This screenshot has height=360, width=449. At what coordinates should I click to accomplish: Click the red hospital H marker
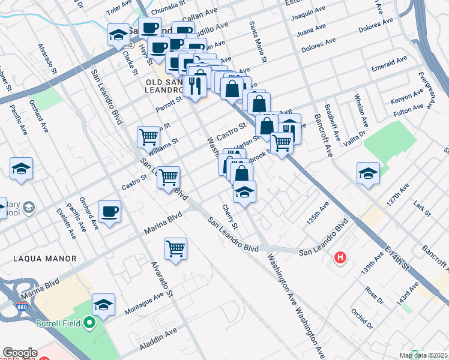[x=340, y=258]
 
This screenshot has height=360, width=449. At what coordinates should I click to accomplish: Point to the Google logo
[x=20, y=353]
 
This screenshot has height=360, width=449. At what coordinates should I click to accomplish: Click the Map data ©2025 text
[x=423, y=355]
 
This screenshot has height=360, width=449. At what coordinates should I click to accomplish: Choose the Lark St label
[x=423, y=209]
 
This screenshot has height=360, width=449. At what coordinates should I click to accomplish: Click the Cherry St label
[x=230, y=217]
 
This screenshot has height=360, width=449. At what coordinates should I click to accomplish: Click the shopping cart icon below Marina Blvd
[x=175, y=248]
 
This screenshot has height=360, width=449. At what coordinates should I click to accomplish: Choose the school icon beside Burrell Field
[x=104, y=305]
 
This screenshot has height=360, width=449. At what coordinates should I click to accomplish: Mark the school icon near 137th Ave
[x=368, y=173]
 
